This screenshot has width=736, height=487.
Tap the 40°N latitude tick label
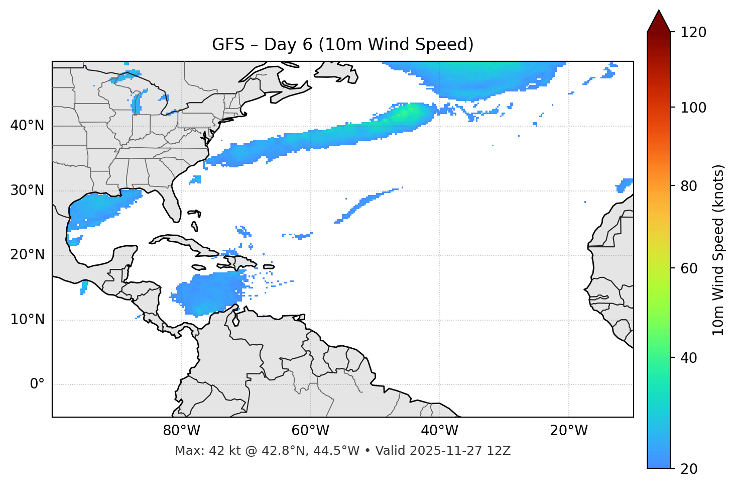tap(27, 126)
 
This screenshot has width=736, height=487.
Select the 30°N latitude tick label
tap(27, 190)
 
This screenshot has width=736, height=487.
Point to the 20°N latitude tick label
tap(27, 255)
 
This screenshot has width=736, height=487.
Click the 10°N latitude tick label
tap(27, 320)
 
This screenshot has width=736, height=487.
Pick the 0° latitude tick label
tap(37, 384)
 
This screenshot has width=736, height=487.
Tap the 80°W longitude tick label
tap(181, 431)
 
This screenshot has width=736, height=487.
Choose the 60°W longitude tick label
tap(310, 431)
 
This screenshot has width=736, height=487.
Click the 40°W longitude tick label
tap(439, 431)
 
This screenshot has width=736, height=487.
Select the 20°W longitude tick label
tap(568, 431)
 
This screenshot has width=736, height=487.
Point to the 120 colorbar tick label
tap(693, 33)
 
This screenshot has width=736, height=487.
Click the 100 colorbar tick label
tap(693, 108)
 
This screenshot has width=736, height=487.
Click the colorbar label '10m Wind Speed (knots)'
tap(718, 250)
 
